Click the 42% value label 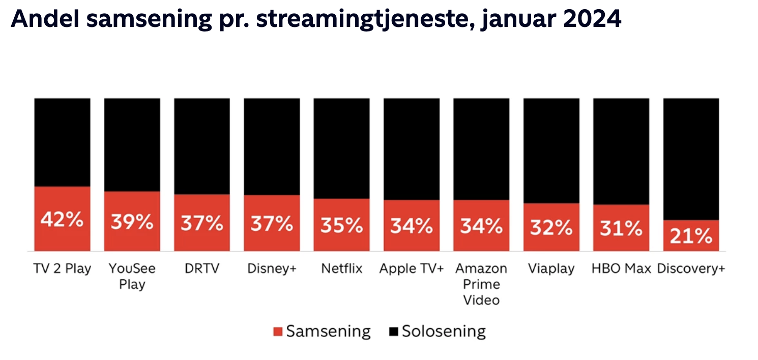[62, 221]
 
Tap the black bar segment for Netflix [341, 147]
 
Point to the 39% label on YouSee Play [132, 222]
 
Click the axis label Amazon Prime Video [481, 284]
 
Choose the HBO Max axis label [621, 268]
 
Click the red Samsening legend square [278, 332]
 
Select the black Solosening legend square [393, 332]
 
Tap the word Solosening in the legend [444, 332]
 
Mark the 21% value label [691, 236]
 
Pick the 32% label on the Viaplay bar [551, 228]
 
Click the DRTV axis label [201, 268]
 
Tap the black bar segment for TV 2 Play [62, 142]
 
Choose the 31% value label [621, 229]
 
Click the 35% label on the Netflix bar [341, 225]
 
